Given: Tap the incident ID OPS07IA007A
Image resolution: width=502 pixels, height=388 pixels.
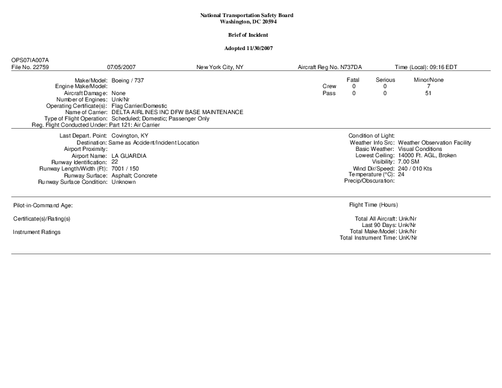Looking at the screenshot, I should point(30,60).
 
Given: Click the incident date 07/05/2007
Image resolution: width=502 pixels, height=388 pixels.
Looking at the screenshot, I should point(122,67).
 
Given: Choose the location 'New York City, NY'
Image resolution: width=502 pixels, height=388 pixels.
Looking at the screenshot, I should point(220,67).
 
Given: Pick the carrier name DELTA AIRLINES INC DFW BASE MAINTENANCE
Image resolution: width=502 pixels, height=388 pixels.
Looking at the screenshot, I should point(177,112).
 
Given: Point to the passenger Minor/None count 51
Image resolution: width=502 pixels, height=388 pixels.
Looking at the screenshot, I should point(428,93).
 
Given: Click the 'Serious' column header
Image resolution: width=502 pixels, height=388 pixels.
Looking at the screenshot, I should point(385,80).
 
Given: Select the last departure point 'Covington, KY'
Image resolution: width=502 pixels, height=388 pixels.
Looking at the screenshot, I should point(130,136).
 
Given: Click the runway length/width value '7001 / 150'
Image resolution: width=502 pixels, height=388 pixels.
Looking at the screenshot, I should point(125,169).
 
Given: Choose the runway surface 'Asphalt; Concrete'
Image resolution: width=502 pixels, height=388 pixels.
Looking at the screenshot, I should point(133,175).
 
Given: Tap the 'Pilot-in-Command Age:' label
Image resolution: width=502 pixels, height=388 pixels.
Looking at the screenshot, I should point(43,205).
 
